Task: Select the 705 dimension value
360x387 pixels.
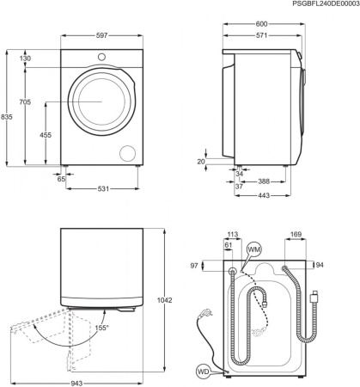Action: point(25,101)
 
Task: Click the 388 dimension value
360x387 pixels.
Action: point(265,181)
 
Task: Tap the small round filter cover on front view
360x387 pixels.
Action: point(129,152)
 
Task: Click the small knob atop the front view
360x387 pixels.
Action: point(102,58)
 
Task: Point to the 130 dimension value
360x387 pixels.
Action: point(25,58)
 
